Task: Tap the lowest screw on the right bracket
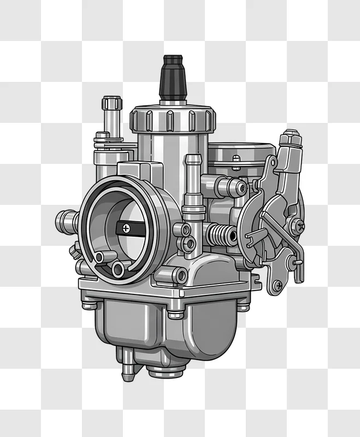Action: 278,285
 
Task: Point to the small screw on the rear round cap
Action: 236,159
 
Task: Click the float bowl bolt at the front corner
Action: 176,314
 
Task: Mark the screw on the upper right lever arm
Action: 297,225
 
